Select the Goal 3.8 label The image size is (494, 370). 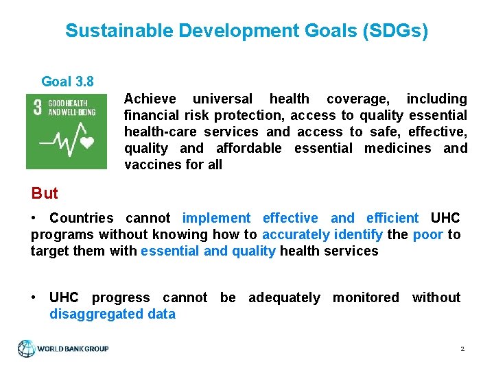(67, 82)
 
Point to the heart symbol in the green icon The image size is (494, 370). (87, 143)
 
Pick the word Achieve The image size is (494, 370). (150, 99)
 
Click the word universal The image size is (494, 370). (222, 99)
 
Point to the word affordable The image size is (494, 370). (248, 148)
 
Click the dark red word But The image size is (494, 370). (45, 193)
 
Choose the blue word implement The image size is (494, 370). (216, 218)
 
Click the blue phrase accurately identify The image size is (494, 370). (322, 234)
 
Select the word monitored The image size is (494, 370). (366, 297)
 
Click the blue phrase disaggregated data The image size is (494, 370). (113, 314)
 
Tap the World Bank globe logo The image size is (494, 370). (27, 348)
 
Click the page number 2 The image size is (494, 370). (462, 349)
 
